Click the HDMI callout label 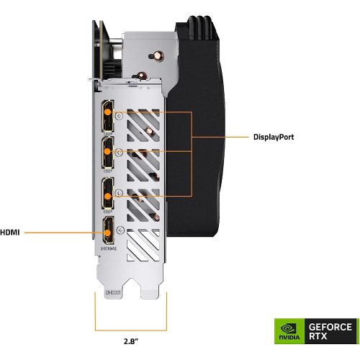(x=10, y=233)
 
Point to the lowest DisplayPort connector (x=107, y=193)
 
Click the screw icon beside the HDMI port (x=120, y=231)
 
